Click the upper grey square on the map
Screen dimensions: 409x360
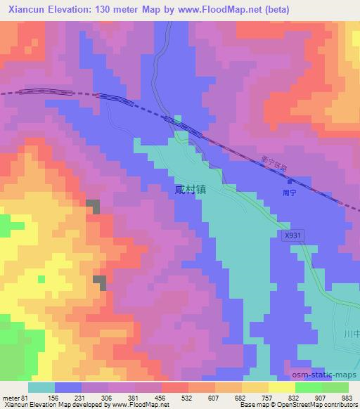92,204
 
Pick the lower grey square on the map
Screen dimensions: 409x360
99,282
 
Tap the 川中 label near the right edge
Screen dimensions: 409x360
351,333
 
